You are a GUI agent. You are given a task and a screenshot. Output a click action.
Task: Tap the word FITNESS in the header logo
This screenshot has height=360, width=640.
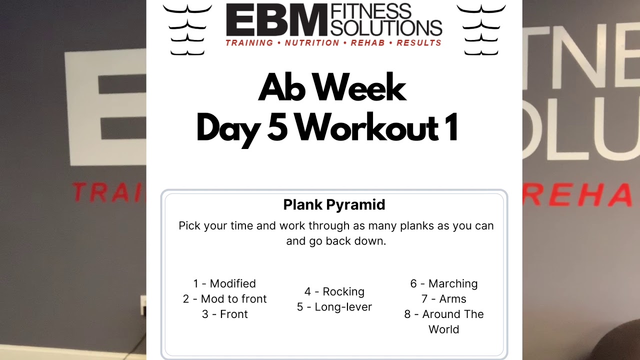point(370,11)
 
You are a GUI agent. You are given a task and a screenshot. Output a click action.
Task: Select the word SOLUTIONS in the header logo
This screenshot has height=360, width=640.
point(386,27)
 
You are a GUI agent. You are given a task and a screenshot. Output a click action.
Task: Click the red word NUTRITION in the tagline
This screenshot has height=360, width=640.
point(312,43)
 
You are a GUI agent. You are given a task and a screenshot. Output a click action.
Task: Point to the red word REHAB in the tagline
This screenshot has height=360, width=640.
point(368,43)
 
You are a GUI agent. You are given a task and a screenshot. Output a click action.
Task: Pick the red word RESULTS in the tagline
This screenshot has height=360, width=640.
point(419,43)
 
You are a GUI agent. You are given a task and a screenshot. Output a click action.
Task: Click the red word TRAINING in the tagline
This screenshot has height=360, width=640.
point(249,43)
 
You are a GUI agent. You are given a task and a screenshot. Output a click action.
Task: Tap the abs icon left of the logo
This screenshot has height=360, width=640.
point(187,30)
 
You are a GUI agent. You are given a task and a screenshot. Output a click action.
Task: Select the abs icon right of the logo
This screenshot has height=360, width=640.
point(481,30)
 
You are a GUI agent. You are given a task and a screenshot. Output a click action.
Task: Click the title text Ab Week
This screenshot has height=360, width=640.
point(332,88)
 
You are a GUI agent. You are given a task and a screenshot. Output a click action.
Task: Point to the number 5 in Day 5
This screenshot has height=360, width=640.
point(277,128)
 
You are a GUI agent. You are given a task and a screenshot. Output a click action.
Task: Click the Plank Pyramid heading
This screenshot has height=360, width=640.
point(334,204)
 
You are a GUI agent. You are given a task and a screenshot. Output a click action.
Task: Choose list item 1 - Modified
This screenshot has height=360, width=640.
point(224,283)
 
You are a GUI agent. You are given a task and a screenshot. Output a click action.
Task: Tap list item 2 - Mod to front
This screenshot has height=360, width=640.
point(224,299)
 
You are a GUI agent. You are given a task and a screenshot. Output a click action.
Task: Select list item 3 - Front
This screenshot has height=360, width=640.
point(224,314)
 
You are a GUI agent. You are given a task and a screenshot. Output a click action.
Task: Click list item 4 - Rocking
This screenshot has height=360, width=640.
point(334,291)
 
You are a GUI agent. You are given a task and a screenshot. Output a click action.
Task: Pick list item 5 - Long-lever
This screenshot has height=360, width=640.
point(334,307)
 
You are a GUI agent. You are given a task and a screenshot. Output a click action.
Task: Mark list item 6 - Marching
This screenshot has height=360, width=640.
point(444,283)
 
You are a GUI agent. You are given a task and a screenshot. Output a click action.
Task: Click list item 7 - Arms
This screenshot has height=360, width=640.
point(444,299)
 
